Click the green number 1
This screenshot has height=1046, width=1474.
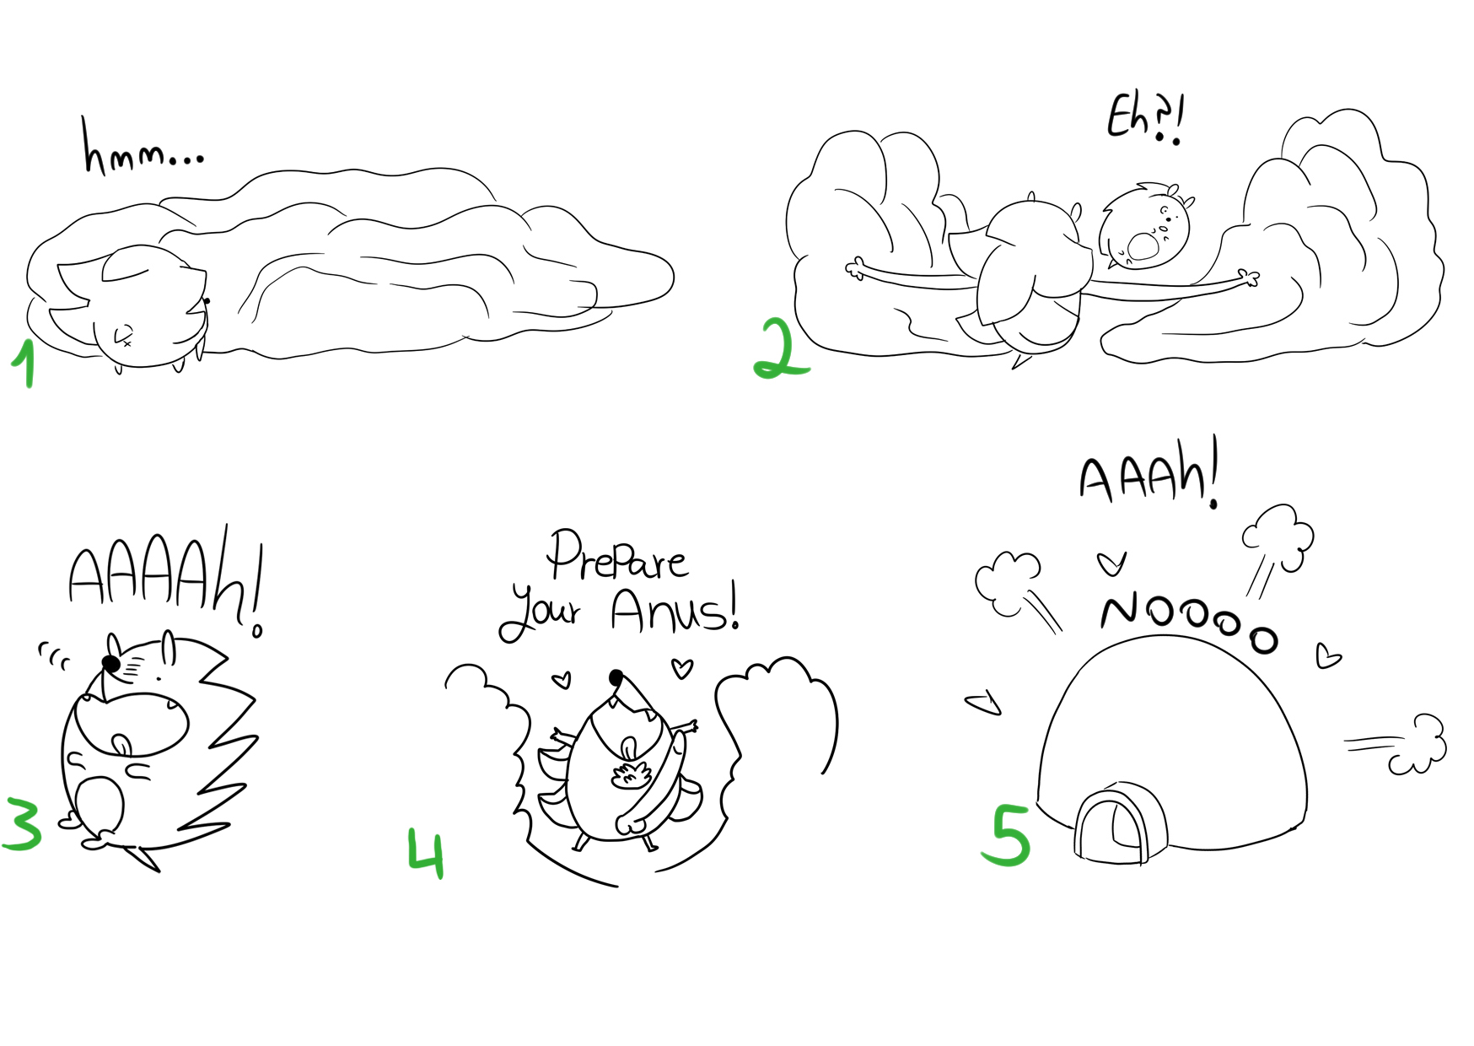25,364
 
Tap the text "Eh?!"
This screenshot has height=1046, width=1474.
1146,119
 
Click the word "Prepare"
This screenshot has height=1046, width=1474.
617,557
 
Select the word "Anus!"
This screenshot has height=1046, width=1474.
675,607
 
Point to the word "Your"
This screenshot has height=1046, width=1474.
540,614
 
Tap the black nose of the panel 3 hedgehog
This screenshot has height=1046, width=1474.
110,664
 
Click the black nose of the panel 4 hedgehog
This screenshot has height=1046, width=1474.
616,677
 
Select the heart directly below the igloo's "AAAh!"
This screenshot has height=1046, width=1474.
1111,563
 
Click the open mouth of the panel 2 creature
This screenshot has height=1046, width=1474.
1143,247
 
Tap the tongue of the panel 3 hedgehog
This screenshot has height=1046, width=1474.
122,746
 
